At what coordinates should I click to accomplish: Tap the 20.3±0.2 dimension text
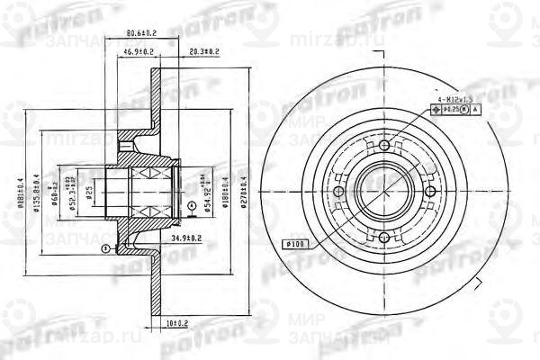205,52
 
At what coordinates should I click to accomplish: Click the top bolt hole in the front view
384,146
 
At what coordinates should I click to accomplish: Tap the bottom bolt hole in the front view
384,237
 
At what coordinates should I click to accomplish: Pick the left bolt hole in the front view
339,192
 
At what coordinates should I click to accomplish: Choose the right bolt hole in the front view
429,192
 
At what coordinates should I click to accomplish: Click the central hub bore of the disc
384,192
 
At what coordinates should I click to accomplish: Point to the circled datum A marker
191,205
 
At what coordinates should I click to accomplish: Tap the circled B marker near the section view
106,247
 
